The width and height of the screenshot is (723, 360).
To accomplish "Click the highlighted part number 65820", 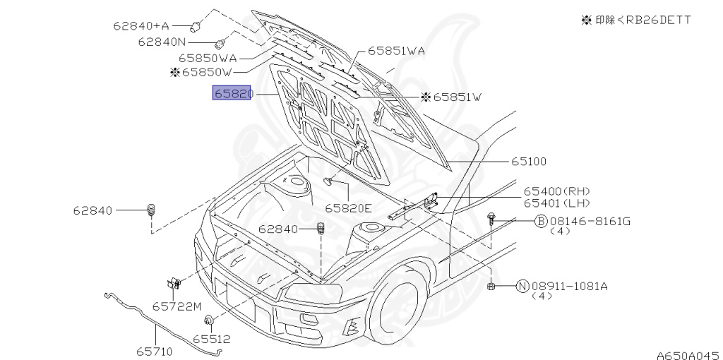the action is (232, 94).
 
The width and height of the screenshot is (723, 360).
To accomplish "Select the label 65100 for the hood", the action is (528, 162).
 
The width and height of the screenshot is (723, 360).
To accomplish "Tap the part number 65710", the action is (154, 352).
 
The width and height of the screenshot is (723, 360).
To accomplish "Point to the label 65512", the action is (212, 340).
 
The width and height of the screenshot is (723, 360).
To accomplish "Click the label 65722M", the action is (177, 306).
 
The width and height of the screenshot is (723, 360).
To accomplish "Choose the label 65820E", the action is (348, 208).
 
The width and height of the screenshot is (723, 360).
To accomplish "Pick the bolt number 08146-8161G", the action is (590, 221).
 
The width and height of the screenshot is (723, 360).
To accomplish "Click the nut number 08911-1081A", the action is (570, 287).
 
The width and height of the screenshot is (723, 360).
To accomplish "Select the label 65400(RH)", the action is (556, 191).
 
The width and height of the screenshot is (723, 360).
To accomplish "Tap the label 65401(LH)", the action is (556, 203).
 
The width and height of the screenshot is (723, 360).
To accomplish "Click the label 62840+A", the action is (141, 25).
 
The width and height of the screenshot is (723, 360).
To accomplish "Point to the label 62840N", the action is (162, 42).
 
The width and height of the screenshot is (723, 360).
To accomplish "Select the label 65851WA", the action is (396, 51).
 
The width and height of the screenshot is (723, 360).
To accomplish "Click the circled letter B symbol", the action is (540, 221).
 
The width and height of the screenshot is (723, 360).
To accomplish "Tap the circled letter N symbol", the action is (522, 287).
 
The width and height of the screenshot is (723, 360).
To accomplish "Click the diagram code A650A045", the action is (689, 355).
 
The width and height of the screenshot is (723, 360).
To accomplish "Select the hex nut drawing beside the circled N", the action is (491, 287).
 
